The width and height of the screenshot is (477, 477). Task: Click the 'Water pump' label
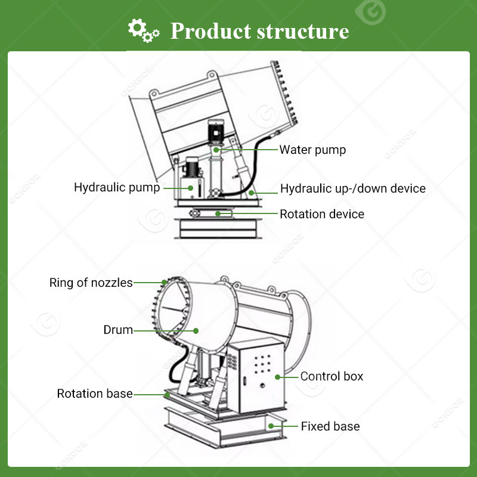[x=312, y=149]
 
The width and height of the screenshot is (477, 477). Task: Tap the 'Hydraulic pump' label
[x=117, y=187]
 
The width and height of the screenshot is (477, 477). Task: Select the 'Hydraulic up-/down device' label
[x=353, y=188]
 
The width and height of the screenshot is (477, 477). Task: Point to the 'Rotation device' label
[x=322, y=213]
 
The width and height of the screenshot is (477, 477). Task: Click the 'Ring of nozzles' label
[x=91, y=283]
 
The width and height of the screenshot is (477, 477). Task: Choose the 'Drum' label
[x=118, y=330]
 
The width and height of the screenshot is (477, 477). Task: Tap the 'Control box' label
[x=332, y=376]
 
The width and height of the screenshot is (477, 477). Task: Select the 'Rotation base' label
[x=95, y=394]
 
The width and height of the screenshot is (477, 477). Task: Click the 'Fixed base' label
[x=330, y=426]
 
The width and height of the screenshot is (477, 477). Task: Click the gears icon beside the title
[x=144, y=30]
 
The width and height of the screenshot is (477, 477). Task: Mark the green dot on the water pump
[x=216, y=150]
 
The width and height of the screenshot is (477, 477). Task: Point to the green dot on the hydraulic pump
[x=191, y=188]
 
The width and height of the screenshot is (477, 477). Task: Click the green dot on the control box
[x=277, y=376]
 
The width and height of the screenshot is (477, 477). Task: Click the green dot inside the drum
[x=195, y=330]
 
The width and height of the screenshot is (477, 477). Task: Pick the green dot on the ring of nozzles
[x=164, y=283]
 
